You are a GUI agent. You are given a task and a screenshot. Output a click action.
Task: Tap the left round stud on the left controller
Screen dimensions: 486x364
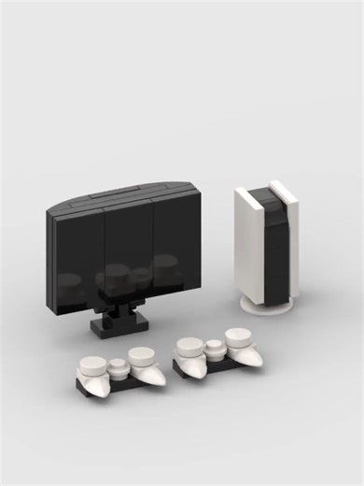click(92, 362)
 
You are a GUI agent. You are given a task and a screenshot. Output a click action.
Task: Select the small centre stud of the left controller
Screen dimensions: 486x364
click(118, 364)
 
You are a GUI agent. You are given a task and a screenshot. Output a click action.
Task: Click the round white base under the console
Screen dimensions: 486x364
click(268, 306)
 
